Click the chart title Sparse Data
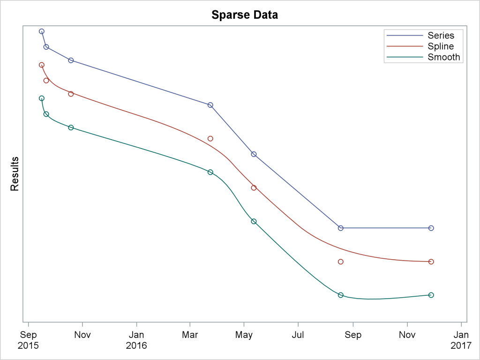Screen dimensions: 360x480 click(x=244, y=15)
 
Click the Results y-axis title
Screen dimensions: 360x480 click(x=15, y=174)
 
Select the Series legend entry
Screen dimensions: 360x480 click(x=441, y=36)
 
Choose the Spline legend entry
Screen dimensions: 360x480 click(x=441, y=46)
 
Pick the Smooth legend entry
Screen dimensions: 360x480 click(x=443, y=57)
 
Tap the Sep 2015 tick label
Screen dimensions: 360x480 click(x=29, y=340)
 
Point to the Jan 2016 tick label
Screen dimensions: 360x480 click(x=136, y=340)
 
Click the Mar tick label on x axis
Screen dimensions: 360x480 click(x=190, y=335)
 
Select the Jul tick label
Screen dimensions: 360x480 click(x=298, y=335)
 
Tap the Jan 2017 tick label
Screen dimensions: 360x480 click(x=461, y=340)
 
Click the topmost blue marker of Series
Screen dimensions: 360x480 click(x=42, y=31)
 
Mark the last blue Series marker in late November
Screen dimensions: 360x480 click(x=431, y=228)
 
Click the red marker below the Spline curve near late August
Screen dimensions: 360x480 click(x=341, y=262)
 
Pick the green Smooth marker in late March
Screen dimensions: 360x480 click(x=210, y=172)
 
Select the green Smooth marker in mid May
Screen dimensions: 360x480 click(x=254, y=221)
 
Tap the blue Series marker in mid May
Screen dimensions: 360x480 click(x=254, y=154)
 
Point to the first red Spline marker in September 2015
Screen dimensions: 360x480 click(x=42, y=65)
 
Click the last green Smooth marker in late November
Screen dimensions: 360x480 click(x=431, y=295)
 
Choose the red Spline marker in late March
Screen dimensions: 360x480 click(x=210, y=139)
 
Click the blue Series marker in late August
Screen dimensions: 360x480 click(x=341, y=228)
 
